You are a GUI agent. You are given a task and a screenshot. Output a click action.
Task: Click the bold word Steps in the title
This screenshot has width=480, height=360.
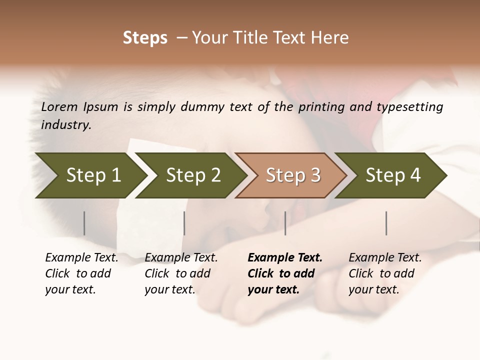click(145, 38)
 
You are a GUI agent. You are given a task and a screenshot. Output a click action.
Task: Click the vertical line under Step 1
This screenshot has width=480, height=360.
click(84, 223)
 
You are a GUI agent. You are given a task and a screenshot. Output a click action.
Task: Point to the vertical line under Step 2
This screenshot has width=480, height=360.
click(184, 223)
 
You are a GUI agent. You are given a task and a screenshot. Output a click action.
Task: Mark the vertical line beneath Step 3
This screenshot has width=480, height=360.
click(285, 223)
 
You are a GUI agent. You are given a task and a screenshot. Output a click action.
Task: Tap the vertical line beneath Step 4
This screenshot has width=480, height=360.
click(386, 223)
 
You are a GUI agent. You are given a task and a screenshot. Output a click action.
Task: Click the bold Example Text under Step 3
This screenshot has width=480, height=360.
click(285, 258)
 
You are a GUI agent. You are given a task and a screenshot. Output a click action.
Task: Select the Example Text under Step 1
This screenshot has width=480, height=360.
click(81, 258)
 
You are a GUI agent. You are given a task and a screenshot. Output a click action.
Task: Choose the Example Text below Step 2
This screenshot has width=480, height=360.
click(181, 258)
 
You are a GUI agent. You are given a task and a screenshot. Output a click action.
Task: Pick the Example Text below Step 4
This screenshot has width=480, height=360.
click(385, 258)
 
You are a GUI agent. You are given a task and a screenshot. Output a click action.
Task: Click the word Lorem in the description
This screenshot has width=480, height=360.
click(59, 106)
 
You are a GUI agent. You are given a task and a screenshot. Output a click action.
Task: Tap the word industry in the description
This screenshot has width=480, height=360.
click(65, 125)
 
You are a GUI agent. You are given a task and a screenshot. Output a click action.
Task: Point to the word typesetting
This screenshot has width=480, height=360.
click(409, 107)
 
